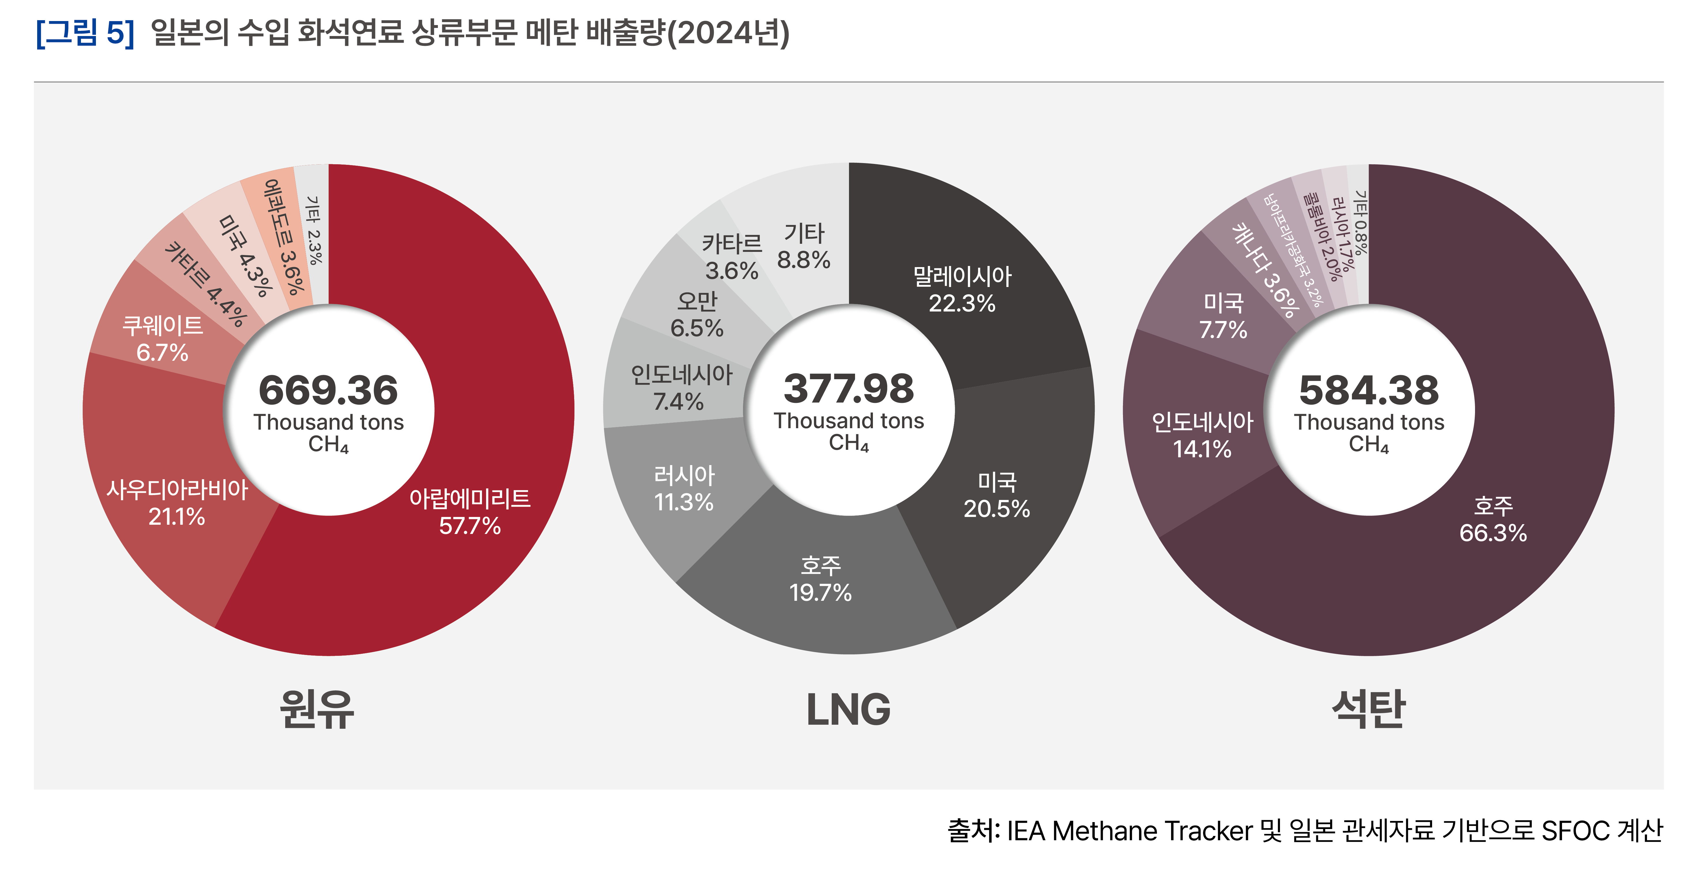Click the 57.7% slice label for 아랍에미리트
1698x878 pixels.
(470, 512)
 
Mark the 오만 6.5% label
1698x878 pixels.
(697, 314)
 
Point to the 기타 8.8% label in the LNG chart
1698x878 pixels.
(803, 247)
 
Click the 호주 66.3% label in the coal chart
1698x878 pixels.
(1493, 520)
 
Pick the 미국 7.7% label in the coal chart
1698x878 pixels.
(1224, 316)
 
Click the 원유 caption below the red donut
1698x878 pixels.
(317, 709)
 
